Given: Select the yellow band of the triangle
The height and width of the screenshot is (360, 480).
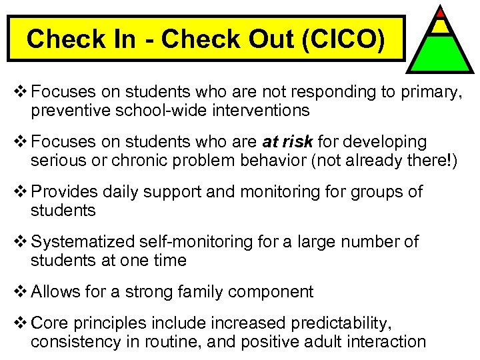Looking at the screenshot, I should tap(441, 26).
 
